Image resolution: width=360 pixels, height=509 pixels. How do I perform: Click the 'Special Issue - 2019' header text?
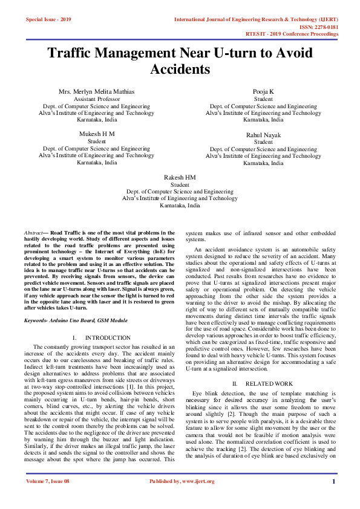[48, 20]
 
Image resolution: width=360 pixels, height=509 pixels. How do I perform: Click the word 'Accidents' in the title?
[180, 70]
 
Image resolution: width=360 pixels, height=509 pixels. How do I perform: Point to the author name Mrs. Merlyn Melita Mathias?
[97, 91]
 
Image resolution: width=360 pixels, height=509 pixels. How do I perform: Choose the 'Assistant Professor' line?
[97, 99]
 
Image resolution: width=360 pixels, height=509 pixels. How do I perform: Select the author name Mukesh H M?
[97, 134]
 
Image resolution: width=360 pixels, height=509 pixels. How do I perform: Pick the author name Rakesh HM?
[180, 177]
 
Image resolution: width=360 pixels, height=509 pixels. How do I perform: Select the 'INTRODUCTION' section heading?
[108, 337]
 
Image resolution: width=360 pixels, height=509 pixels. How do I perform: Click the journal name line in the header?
[264, 20]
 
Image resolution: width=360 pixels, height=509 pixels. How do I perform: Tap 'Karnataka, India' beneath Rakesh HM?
[180, 206]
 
